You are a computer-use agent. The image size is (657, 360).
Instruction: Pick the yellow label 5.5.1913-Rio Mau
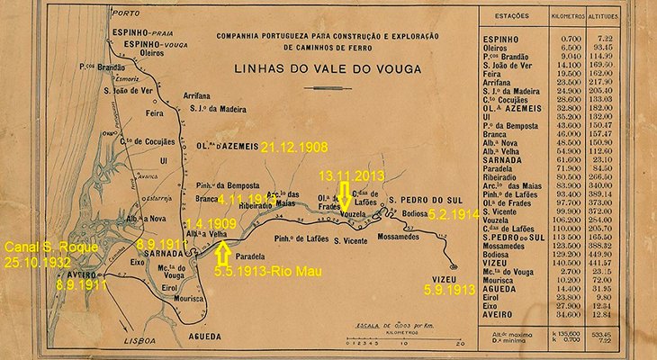[259, 268]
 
